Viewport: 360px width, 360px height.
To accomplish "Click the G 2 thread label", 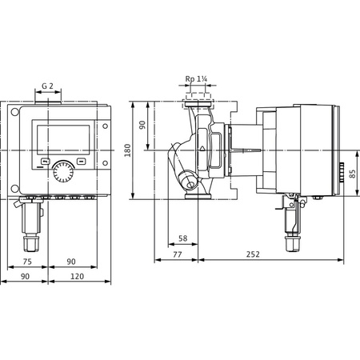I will (48, 85).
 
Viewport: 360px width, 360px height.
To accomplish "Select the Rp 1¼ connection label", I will (197, 79).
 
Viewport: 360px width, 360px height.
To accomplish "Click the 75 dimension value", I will (26, 261).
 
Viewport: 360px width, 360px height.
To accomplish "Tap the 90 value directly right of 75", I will (70, 261).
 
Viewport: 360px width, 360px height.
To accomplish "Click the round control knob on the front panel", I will (62, 171).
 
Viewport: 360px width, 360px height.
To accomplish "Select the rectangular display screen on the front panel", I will (56, 140).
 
